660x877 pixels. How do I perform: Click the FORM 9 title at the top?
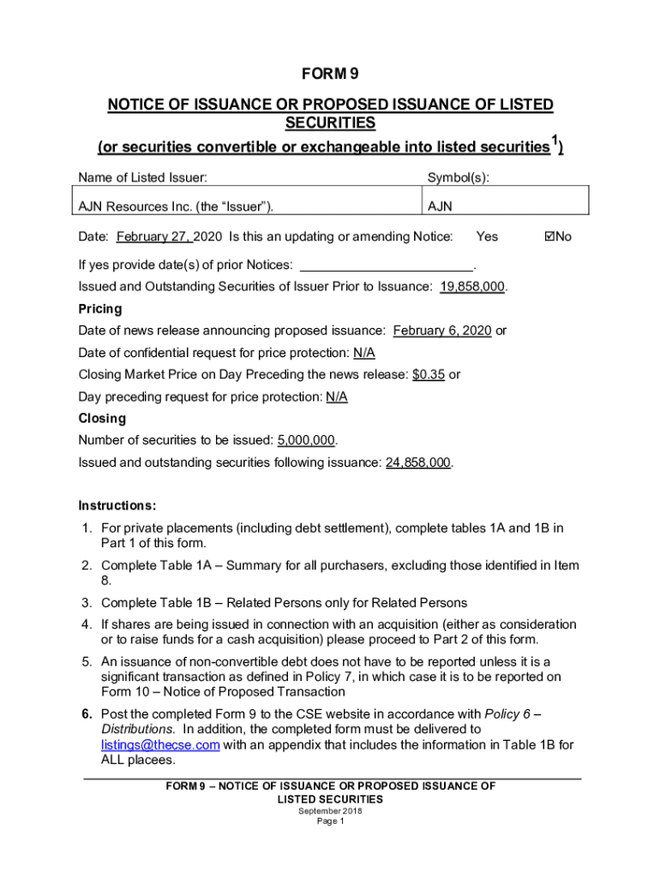click(330, 74)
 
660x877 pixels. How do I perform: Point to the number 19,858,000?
click(471, 287)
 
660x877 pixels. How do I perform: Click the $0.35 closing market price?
click(428, 374)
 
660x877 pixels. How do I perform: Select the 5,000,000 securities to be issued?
click(305, 440)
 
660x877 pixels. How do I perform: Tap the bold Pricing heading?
click(100, 308)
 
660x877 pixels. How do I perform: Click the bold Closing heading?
click(102, 418)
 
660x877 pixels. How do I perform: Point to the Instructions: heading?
click(117, 505)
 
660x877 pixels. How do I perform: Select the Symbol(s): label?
click(459, 178)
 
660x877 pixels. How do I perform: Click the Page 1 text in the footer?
click(330, 821)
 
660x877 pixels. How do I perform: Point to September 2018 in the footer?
click(330, 810)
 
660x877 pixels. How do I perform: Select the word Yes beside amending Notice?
click(487, 236)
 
